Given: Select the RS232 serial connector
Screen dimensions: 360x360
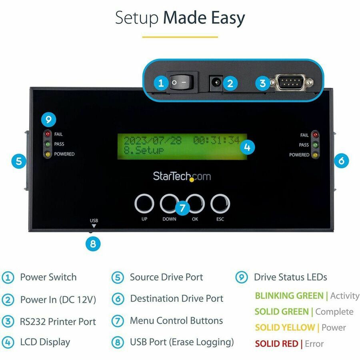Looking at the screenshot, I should point(290,83).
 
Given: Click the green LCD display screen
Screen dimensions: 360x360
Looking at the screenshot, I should point(182,146).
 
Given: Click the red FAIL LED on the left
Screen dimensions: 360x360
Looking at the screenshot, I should point(48,134).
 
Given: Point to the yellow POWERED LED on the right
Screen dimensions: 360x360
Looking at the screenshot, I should point(315,155).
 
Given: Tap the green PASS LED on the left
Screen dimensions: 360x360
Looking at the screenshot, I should point(48,144).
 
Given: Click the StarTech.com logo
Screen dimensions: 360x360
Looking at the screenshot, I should point(182,176).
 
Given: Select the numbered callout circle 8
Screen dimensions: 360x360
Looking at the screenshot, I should point(93,244).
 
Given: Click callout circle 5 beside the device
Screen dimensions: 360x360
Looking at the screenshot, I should point(19,162).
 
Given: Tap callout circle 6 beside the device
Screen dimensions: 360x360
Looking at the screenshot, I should point(341,161).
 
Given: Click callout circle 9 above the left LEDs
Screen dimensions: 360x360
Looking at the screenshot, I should point(48,119).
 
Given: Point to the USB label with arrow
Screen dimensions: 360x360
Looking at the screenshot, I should point(94,222).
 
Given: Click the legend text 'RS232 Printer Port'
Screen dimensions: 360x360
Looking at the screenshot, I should point(58,322).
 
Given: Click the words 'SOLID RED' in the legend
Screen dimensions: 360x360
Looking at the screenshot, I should point(276,344).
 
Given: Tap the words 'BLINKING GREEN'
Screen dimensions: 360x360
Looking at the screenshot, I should point(289,296).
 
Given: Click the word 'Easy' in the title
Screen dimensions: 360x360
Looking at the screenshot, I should point(226,18).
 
